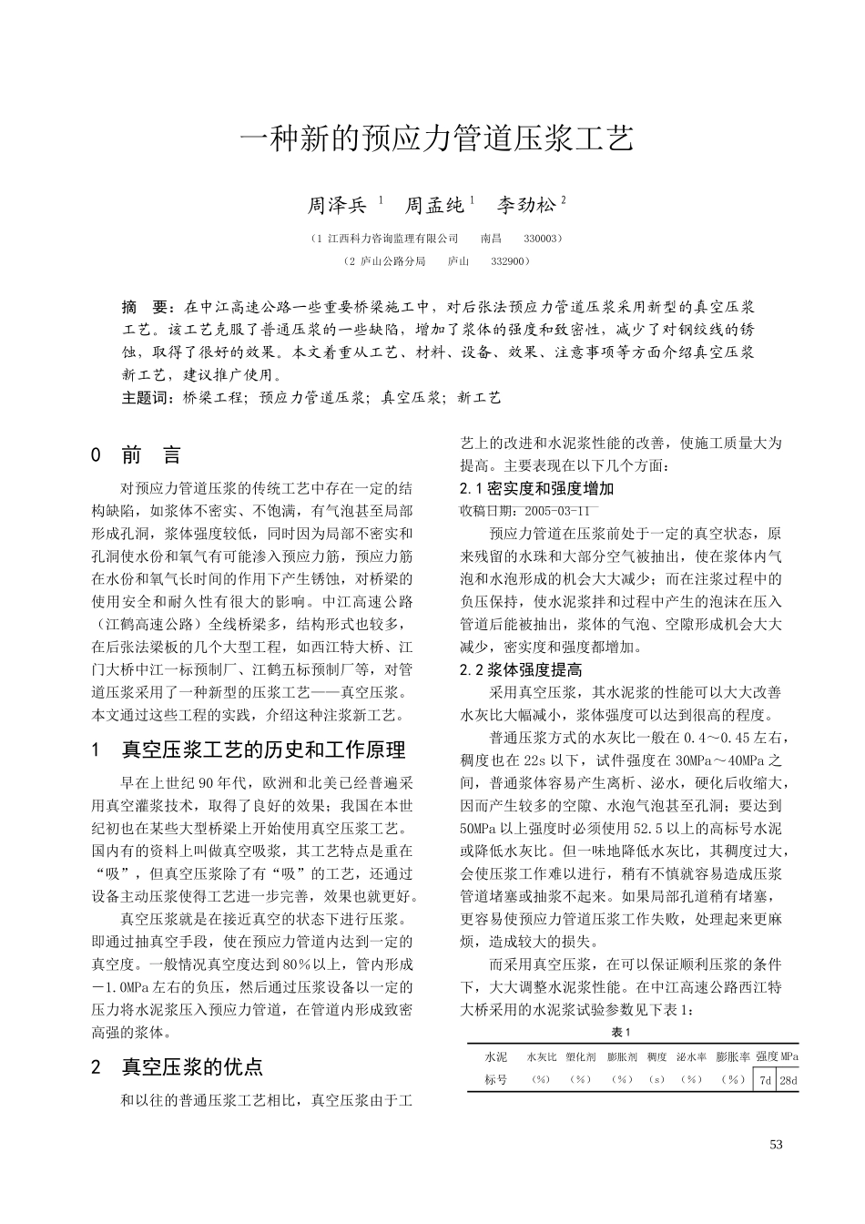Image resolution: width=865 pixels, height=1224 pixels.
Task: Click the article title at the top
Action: tap(435, 138)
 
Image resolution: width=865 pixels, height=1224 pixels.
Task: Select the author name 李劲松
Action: tap(525, 205)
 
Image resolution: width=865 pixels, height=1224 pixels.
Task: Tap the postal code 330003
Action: tap(541, 239)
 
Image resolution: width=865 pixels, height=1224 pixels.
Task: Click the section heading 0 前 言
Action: tap(137, 454)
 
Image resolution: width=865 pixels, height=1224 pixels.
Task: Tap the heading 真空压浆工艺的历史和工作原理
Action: tap(263, 750)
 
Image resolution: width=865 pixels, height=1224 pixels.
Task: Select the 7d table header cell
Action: tap(765, 1081)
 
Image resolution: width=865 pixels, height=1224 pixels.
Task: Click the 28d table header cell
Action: tap(788, 1081)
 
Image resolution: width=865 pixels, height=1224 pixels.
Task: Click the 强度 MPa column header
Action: tap(777, 1056)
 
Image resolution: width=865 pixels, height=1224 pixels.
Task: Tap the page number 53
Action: tap(776, 1145)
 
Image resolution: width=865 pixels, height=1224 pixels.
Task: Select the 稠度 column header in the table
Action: tap(656, 1057)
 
